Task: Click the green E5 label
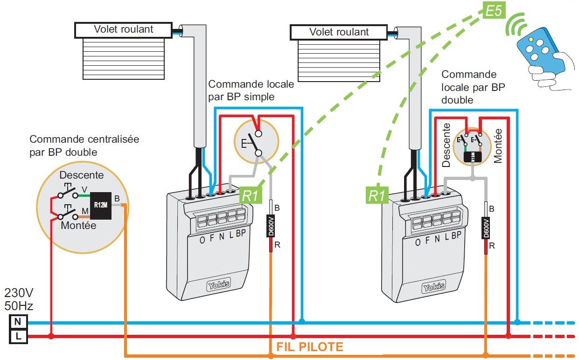493,11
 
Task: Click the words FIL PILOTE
310,346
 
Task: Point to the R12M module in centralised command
100,206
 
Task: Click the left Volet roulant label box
123,29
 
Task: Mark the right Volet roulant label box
338,32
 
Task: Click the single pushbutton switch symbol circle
256,140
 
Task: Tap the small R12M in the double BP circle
473,156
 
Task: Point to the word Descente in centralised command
82,175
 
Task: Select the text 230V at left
19,293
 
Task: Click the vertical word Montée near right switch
498,145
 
